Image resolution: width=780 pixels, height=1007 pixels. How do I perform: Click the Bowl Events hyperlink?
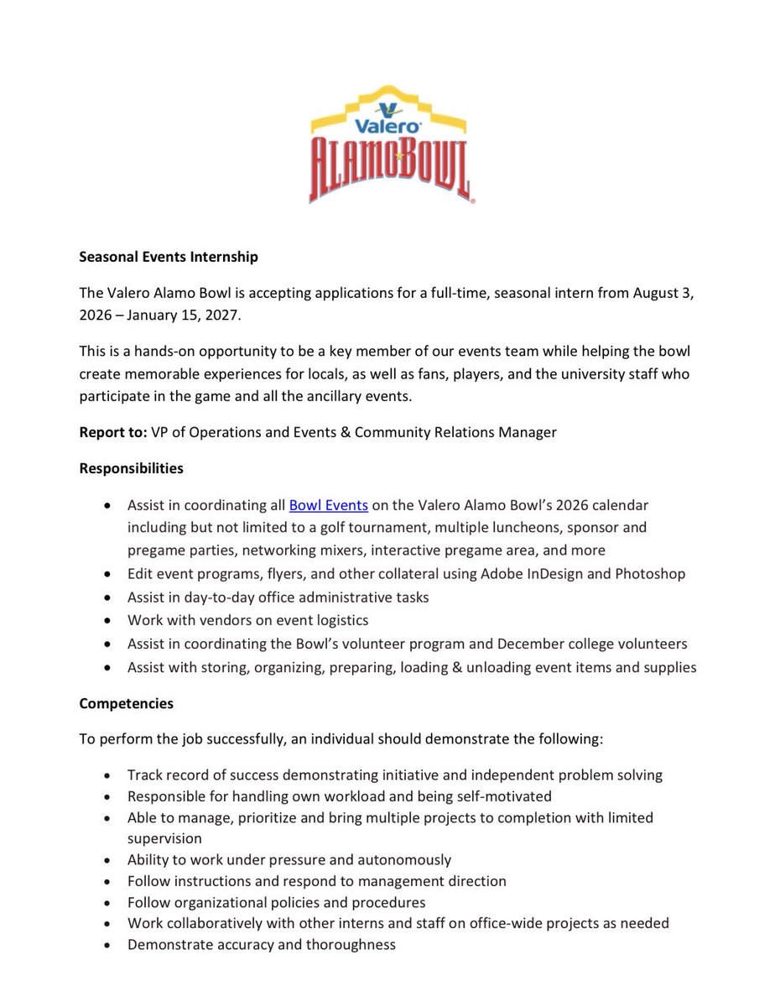[x=329, y=505]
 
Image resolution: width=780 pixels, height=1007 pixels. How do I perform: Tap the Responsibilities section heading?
[x=132, y=467]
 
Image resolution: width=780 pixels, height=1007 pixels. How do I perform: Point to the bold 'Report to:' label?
[x=113, y=432]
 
